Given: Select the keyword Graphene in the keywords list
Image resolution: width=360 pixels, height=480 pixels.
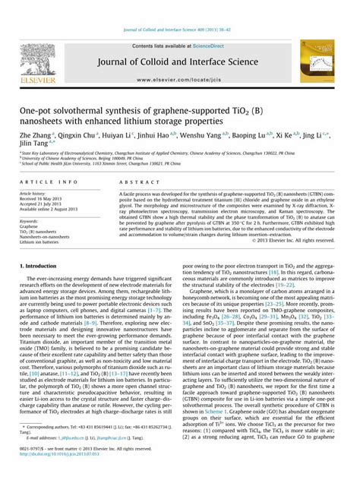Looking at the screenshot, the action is click(30, 226).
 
